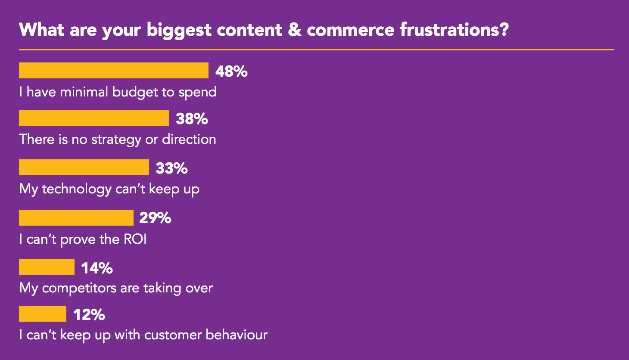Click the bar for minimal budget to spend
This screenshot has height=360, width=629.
click(113, 71)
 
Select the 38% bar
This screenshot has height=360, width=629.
click(93, 118)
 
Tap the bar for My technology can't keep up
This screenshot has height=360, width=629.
click(84, 168)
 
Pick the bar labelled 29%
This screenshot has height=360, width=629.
click(76, 218)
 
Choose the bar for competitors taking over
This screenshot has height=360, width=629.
click(47, 267)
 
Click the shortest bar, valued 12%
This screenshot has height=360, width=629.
click(42, 314)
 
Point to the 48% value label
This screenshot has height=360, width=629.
click(231, 71)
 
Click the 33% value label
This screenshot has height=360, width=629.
click(171, 168)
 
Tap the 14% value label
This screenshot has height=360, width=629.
click(97, 268)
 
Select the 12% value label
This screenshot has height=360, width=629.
click(89, 315)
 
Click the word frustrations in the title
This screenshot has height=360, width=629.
click(454, 30)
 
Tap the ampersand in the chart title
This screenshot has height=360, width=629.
click(295, 30)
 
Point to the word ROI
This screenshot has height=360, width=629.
click(135, 239)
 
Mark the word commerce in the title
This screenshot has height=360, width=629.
click(350, 30)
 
